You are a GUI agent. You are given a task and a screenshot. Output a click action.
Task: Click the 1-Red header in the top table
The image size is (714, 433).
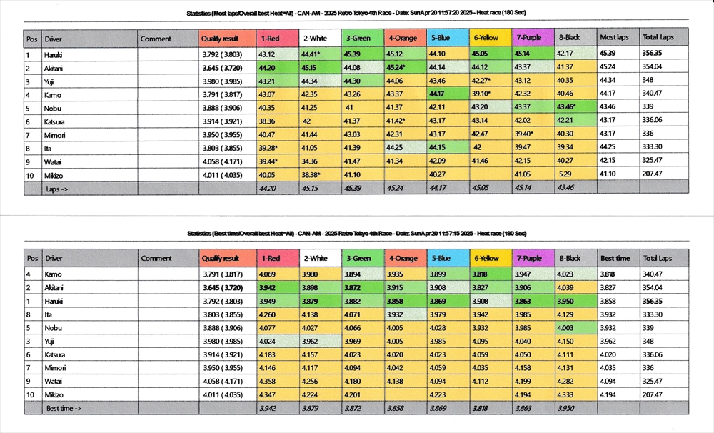pyautogui.click(x=269, y=38)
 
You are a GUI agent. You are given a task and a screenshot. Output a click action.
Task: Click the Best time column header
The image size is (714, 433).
pyautogui.click(x=615, y=258)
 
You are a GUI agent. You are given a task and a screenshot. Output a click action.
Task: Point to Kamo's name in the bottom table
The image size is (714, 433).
pyautogui.click(x=54, y=274)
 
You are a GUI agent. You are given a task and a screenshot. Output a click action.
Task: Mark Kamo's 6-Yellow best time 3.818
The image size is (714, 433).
pyautogui.click(x=481, y=274)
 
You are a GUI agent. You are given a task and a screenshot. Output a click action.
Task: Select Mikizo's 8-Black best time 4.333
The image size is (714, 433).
pyautogui.click(x=568, y=394)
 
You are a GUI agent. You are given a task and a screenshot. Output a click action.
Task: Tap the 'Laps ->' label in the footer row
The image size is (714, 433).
pyautogui.click(x=58, y=189)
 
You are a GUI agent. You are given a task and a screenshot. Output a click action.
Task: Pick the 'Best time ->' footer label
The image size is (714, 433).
pyautogui.click(x=64, y=408)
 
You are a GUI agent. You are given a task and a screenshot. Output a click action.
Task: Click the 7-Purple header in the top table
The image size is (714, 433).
pyautogui.click(x=529, y=38)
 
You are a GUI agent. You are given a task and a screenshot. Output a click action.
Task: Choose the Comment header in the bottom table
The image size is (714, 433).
pyautogui.click(x=156, y=258)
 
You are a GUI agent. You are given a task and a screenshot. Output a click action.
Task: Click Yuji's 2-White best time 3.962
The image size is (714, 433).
pyautogui.click(x=311, y=341)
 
